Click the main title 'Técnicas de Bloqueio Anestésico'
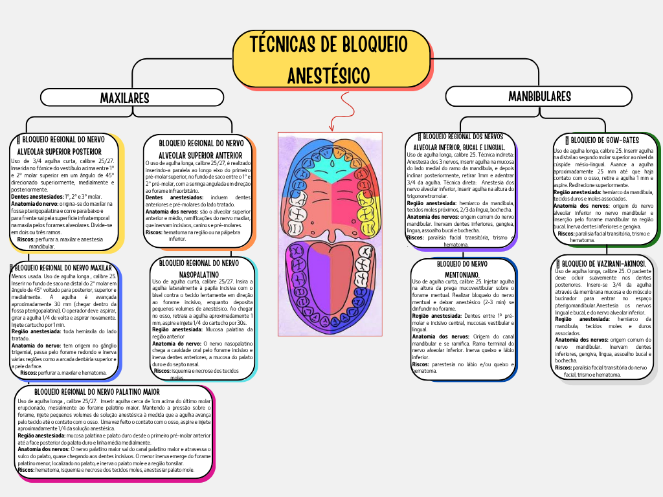pyautogui.click(x=331, y=59)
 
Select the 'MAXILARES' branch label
pyautogui.click(x=124, y=98)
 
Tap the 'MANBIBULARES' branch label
pyautogui.click(x=539, y=96)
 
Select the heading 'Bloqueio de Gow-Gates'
pyautogui.click(x=605, y=140)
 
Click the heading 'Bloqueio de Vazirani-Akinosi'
pyautogui.click(x=606, y=263)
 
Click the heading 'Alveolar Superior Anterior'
pyautogui.click(x=200, y=155)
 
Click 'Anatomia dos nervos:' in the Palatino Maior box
pyautogui.click(x=43, y=448)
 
